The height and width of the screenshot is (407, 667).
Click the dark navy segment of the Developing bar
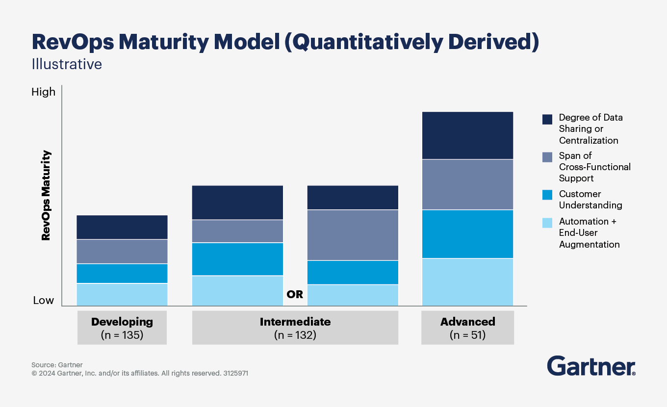pyautogui.click(x=122, y=227)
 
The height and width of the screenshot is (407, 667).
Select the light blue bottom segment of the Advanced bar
pyautogui.click(x=467, y=282)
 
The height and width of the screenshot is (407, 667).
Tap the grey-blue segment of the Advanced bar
pyautogui.click(x=467, y=184)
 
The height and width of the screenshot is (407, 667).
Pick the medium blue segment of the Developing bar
pyautogui.click(x=122, y=274)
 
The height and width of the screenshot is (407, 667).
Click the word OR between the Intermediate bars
pyautogui.click(x=295, y=295)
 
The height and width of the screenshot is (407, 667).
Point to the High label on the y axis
pyautogui.click(x=43, y=92)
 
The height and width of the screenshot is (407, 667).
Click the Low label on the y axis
pyautogui.click(x=43, y=300)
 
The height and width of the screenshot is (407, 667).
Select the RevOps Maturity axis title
pyautogui.click(x=46, y=195)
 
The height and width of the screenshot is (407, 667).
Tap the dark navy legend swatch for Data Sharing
pyautogui.click(x=547, y=119)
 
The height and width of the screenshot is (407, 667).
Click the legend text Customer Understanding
pyautogui.click(x=590, y=200)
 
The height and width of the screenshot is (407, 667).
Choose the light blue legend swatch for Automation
pyautogui.click(x=547, y=223)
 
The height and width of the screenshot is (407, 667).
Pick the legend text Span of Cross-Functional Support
pyautogui.click(x=594, y=167)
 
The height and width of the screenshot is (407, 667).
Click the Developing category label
pyautogui.click(x=122, y=322)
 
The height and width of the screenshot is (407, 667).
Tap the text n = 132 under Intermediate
pyautogui.click(x=295, y=335)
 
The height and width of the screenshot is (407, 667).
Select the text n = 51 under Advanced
pyautogui.click(x=467, y=335)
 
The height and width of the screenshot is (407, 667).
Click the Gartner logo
pyautogui.click(x=591, y=366)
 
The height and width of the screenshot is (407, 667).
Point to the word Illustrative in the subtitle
pyautogui.click(x=67, y=64)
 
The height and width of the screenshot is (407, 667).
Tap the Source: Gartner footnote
pyautogui.click(x=57, y=365)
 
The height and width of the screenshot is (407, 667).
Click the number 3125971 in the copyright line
pyautogui.click(x=235, y=373)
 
